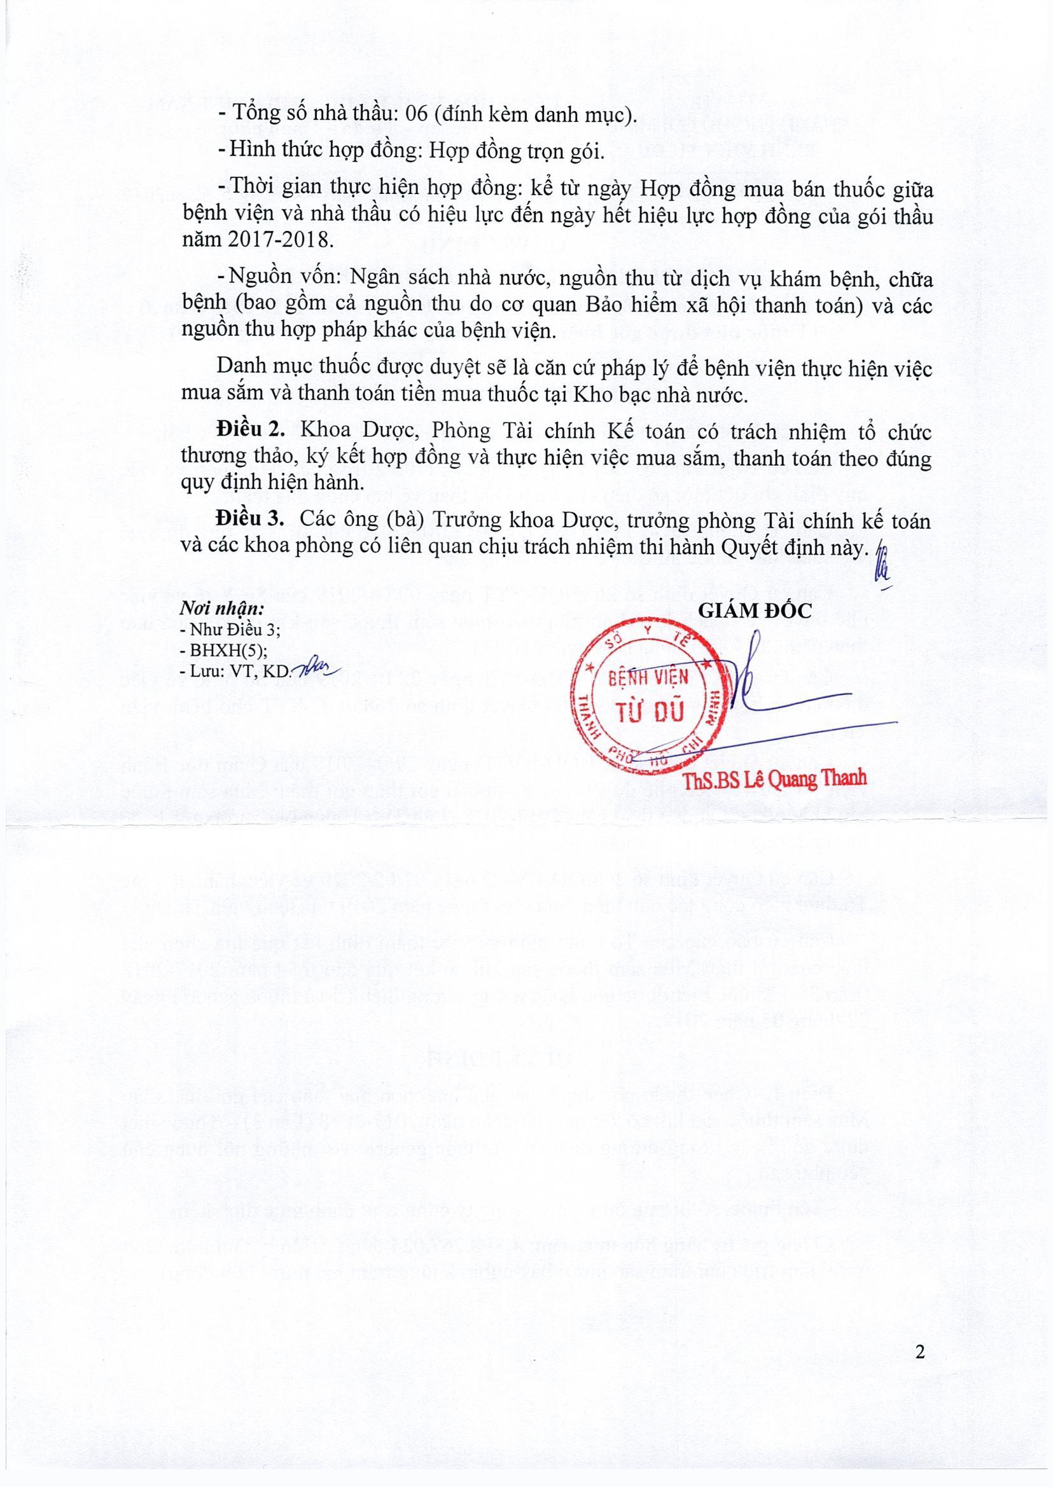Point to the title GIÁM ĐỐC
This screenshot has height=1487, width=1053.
tap(755, 610)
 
